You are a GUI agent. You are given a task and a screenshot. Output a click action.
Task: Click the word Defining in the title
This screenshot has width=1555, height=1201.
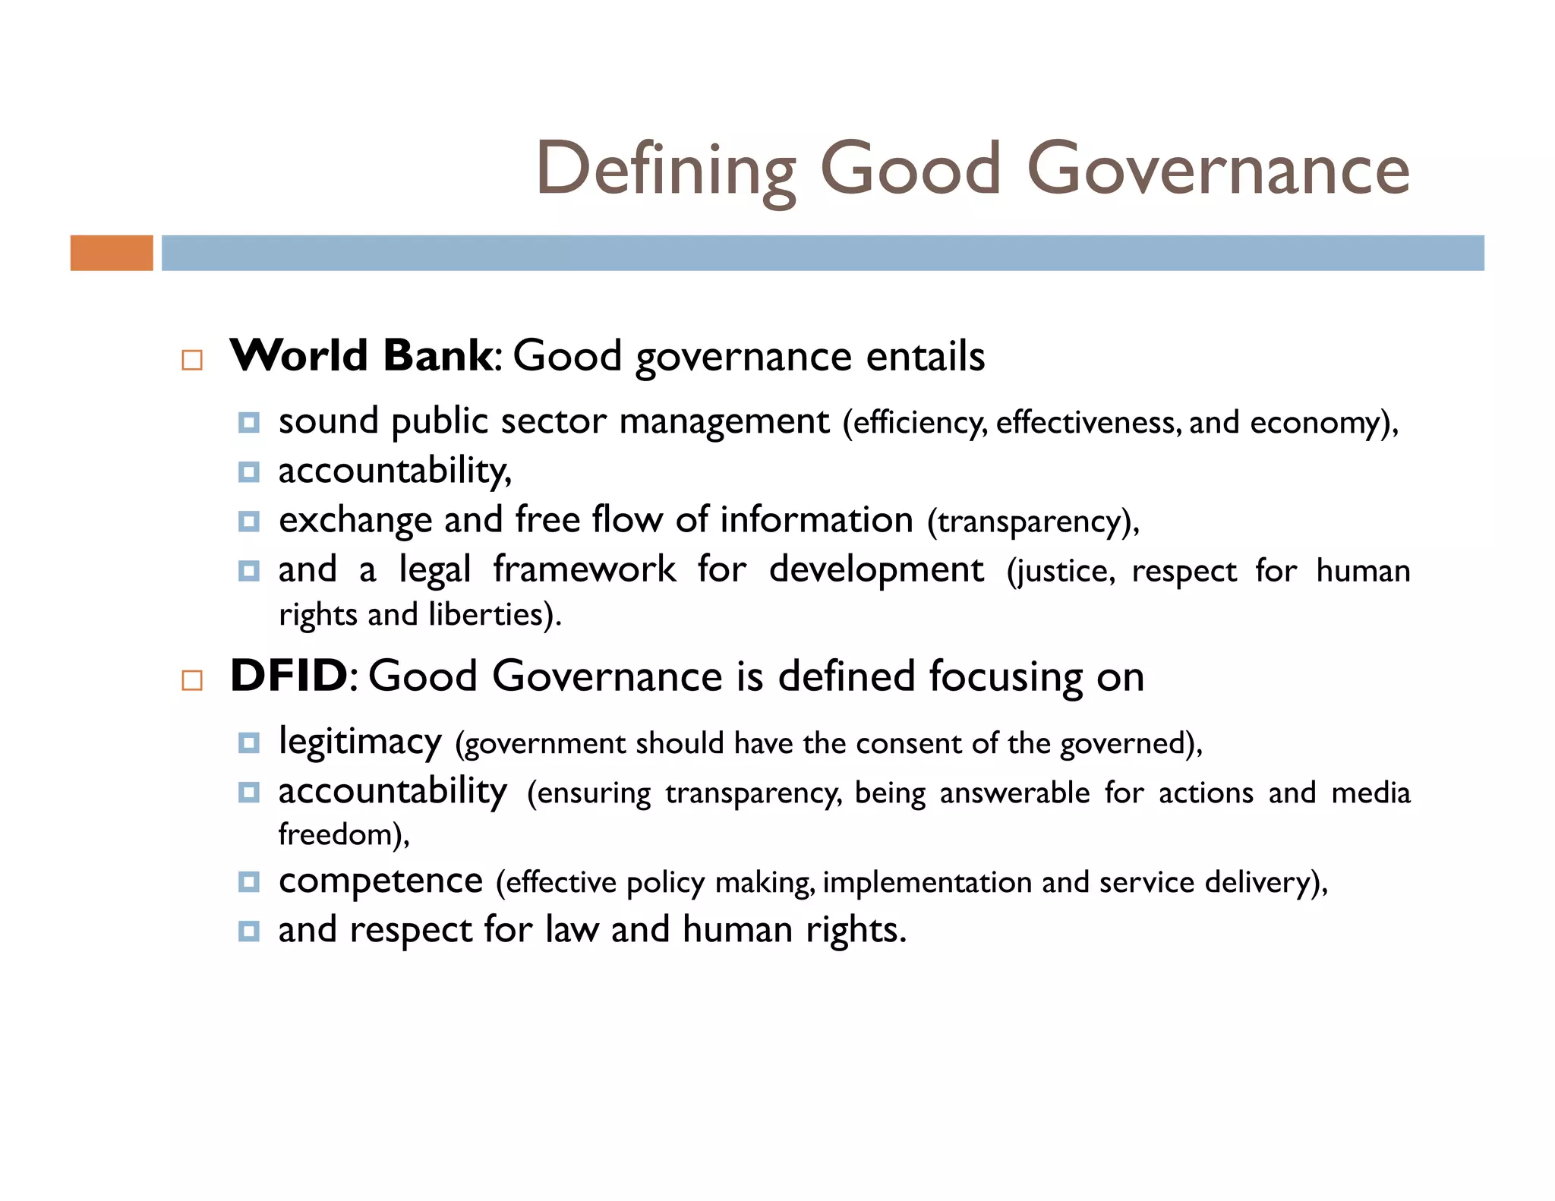click(x=666, y=169)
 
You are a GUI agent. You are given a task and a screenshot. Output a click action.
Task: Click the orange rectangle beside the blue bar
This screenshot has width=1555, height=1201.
click(x=112, y=253)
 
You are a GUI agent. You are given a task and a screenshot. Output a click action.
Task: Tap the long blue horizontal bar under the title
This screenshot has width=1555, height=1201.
click(x=822, y=253)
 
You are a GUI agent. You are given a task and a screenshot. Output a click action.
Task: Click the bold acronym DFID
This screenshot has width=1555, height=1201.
click(x=289, y=676)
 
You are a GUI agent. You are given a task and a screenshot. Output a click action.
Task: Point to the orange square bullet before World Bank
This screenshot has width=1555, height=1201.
click(x=192, y=360)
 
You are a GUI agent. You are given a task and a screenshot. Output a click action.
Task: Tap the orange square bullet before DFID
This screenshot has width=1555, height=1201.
click(x=192, y=680)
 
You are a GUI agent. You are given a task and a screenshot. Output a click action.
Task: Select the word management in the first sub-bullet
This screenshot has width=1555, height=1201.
click(x=724, y=422)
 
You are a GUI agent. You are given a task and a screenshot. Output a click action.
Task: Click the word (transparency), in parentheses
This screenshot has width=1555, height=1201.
click(x=1033, y=522)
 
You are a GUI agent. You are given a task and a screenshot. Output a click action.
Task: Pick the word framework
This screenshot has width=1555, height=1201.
click(x=584, y=569)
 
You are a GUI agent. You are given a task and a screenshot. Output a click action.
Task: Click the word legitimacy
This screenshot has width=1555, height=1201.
click(x=360, y=742)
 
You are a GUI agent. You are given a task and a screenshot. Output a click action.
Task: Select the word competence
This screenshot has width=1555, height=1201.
click(x=380, y=881)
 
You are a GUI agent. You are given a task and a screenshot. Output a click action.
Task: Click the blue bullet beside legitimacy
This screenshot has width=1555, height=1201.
click(x=248, y=742)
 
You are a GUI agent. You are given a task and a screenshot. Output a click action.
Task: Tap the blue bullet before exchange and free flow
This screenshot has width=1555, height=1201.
click(x=248, y=522)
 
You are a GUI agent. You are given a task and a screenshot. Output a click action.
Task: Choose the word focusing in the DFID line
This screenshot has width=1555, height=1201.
click(x=1006, y=677)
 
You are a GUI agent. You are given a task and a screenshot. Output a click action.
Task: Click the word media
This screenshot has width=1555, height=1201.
click(x=1370, y=793)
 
